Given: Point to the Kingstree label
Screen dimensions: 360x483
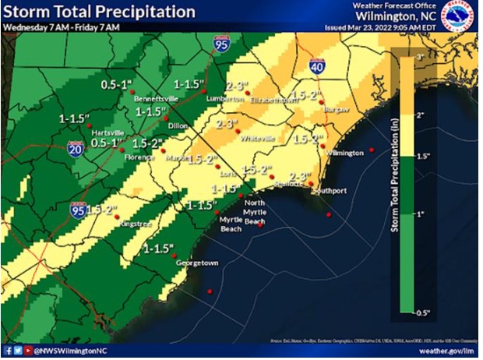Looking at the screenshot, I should [x=115, y=224].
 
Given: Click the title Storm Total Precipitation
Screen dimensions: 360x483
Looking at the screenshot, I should [x=99, y=12].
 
